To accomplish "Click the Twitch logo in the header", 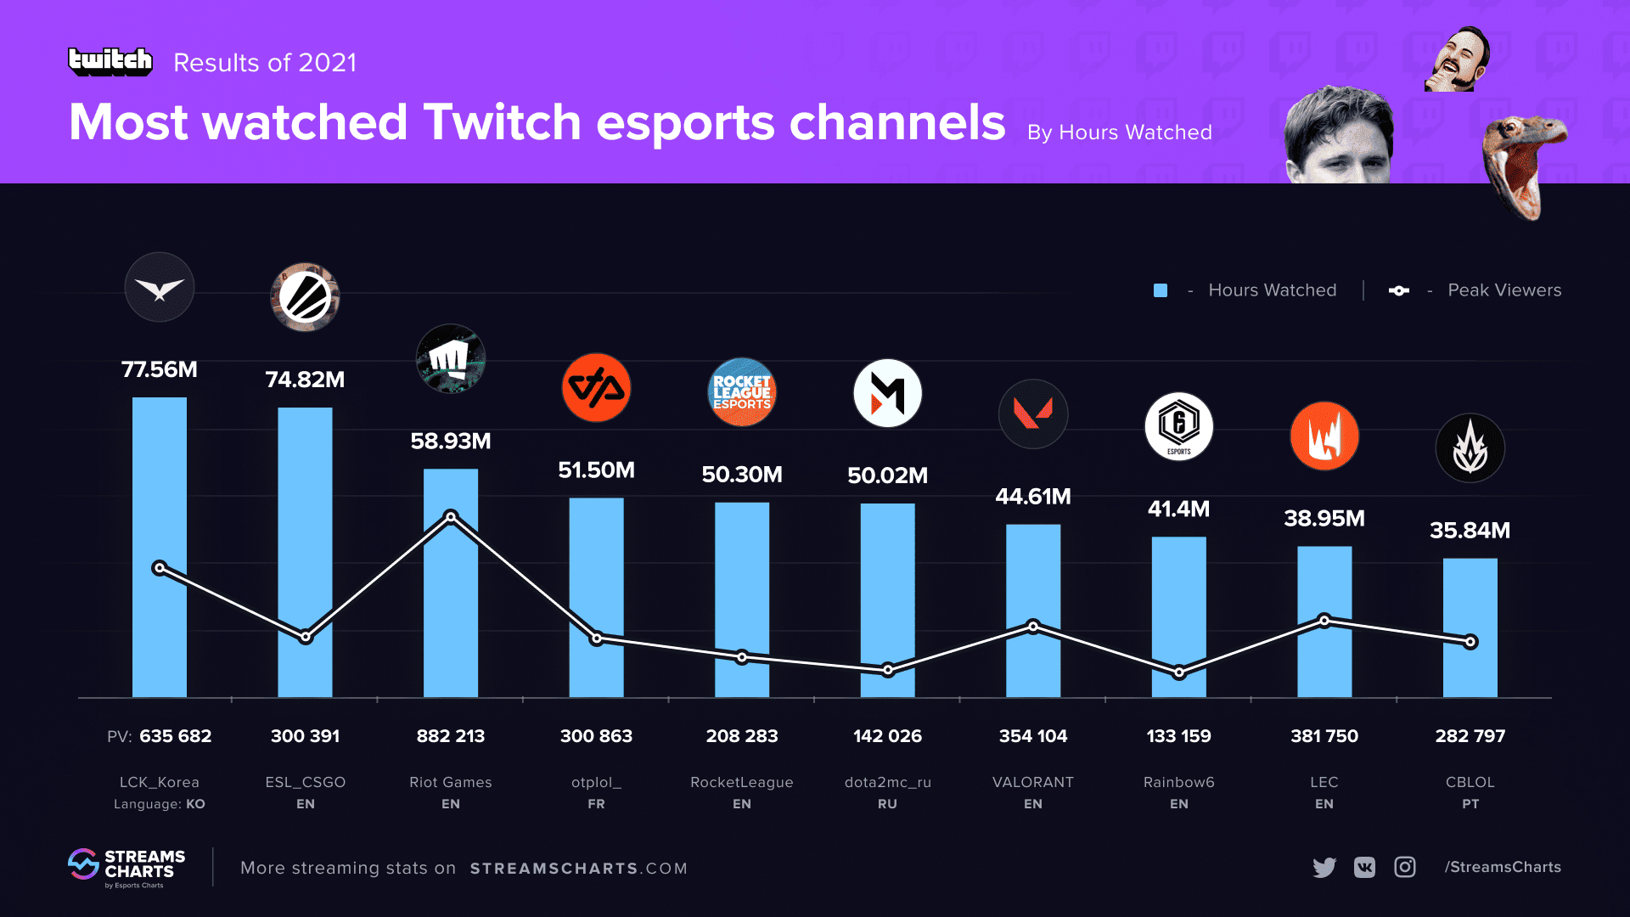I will click(110, 61).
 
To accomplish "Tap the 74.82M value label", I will click(305, 380).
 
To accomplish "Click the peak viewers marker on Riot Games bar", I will click(451, 516).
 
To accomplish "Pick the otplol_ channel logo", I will click(596, 388).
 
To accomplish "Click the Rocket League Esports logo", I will click(742, 392).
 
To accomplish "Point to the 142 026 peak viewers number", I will click(887, 736).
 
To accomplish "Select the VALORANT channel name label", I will click(1032, 782).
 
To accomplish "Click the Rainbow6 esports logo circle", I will click(1178, 426).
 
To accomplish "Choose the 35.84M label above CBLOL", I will click(1470, 531).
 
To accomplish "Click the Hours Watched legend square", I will click(1161, 290).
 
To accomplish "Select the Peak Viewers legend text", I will click(1504, 290).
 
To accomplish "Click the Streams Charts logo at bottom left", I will click(127, 867).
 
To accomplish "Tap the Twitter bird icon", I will click(1324, 867).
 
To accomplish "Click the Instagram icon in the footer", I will click(1405, 867).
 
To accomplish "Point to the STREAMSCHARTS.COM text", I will click(578, 869).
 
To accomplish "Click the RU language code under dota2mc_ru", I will click(887, 804).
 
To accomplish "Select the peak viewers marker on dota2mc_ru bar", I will click(887, 670).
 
